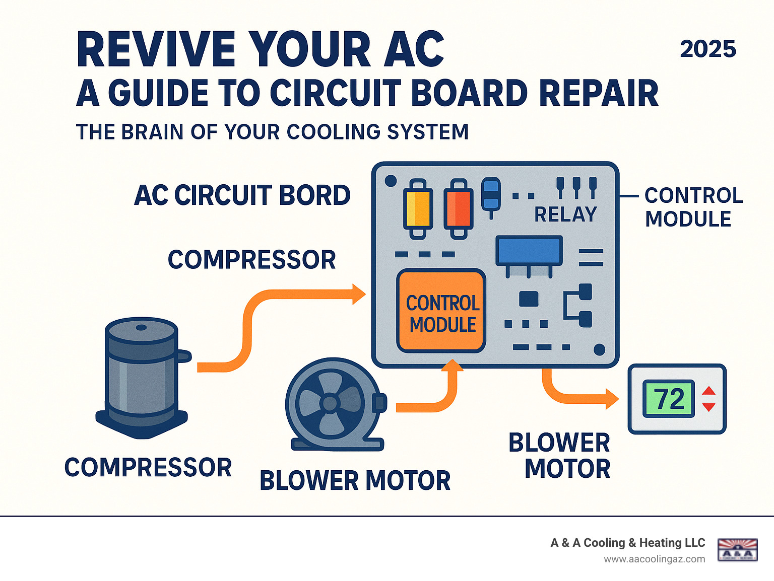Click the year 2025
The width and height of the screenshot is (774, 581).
click(x=708, y=49)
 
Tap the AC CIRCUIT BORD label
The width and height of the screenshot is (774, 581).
click(x=242, y=195)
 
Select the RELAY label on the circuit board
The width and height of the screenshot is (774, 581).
click(x=565, y=214)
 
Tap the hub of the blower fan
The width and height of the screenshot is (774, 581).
click(x=330, y=403)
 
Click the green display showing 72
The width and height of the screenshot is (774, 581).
click(x=669, y=399)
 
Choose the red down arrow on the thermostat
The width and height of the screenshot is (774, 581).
click(x=708, y=407)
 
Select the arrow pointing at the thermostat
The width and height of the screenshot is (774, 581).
click(x=579, y=395)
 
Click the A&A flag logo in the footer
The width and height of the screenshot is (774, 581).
click(x=737, y=550)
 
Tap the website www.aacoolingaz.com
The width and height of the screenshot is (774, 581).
click(x=655, y=559)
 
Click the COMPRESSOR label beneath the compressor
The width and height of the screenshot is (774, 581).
click(x=148, y=468)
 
